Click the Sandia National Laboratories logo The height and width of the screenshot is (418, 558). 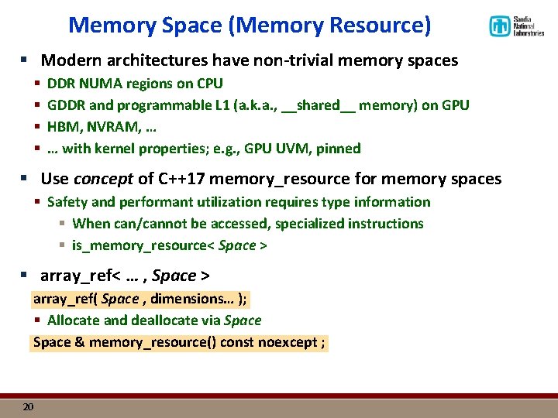515,26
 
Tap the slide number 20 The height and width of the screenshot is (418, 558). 28,406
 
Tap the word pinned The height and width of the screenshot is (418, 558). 339,148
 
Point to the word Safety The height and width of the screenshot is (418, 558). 68,202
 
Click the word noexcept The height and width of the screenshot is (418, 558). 287,342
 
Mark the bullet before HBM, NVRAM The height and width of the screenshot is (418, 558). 36,127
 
